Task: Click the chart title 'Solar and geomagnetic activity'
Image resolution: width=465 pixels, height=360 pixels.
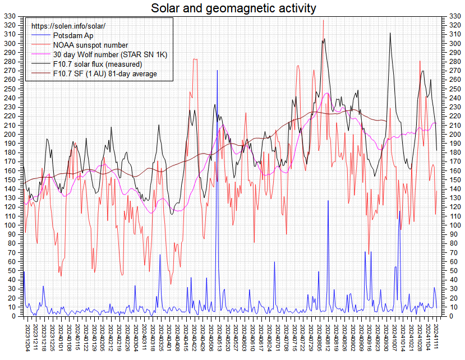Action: pyautogui.click(x=233, y=8)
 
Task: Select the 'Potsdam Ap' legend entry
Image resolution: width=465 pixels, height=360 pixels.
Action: pyautogui.click(x=73, y=36)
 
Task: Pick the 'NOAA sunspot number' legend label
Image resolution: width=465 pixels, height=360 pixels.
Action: pyautogui.click(x=90, y=45)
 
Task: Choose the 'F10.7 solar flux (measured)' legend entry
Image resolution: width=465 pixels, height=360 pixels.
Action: pyautogui.click(x=103, y=64)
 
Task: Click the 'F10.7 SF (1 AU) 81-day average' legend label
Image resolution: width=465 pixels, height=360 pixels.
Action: pyautogui.click(x=105, y=74)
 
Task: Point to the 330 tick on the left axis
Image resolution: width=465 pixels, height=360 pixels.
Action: pyautogui.click(x=10, y=16)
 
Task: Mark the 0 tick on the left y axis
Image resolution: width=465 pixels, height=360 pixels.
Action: pyautogui.click(x=15, y=316)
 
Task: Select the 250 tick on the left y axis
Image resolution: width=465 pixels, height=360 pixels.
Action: pyautogui.click(x=10, y=89)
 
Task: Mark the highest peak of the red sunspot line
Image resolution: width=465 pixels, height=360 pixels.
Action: pyautogui.click(x=323, y=20)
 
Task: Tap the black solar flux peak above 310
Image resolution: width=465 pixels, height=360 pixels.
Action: pyautogui.click(x=390, y=33)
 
